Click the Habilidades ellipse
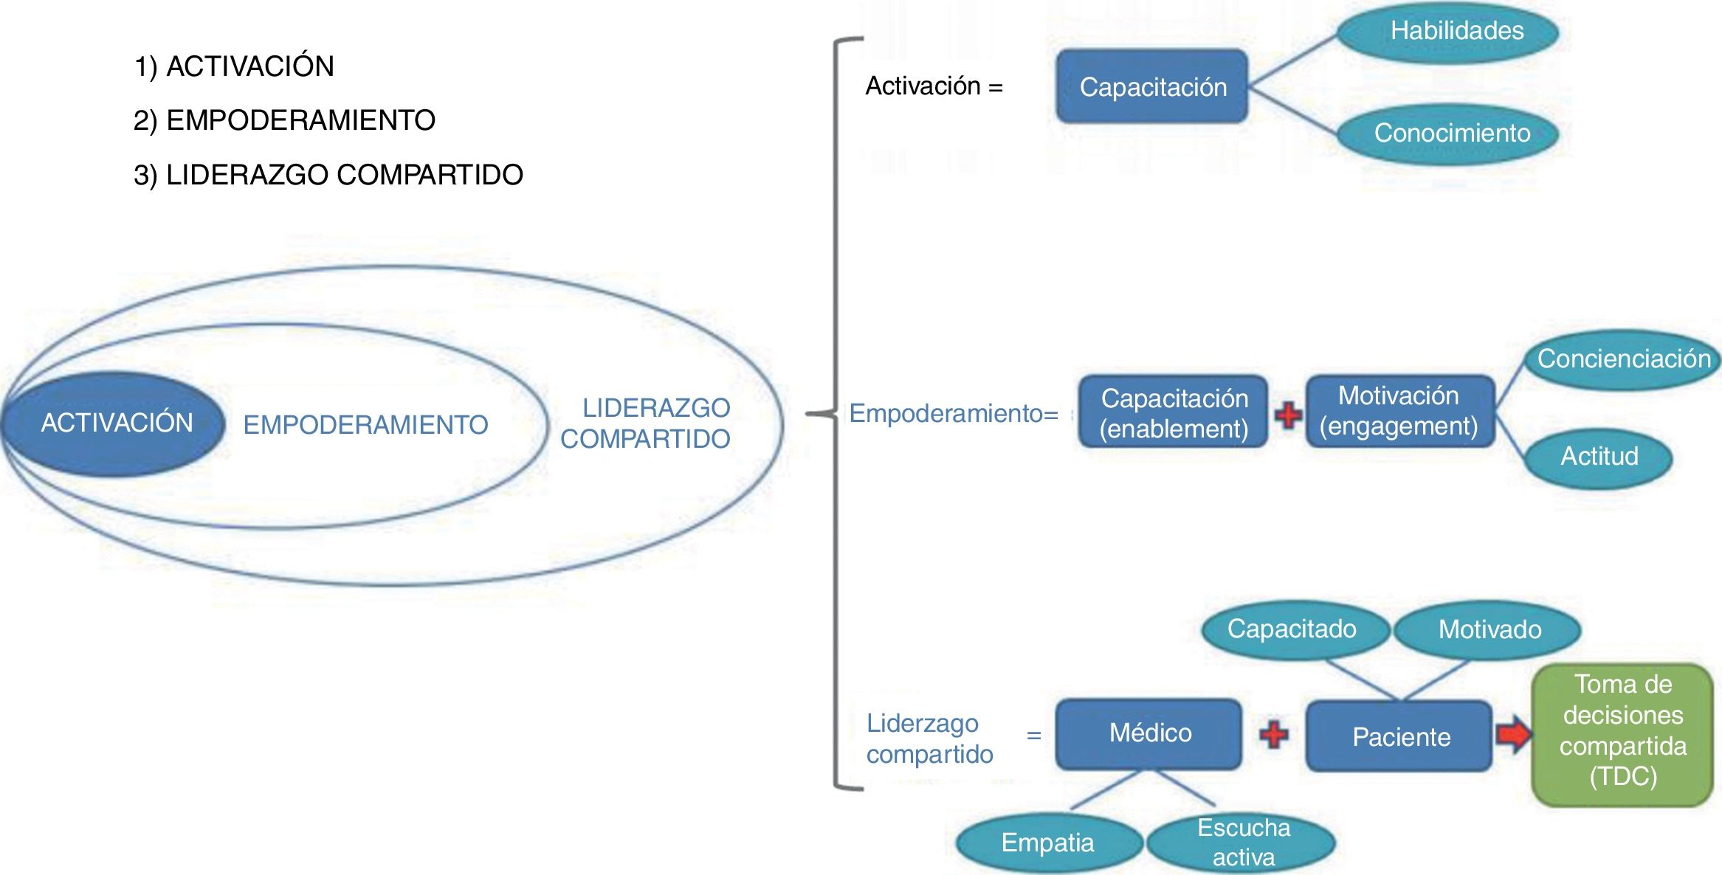1447,32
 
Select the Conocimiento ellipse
1447,134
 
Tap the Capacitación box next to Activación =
1152,87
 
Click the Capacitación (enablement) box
1174,413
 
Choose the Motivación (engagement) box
1399,411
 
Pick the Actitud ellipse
1598,457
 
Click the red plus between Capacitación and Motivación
1288,415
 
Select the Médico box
1149,733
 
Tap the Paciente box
1400,736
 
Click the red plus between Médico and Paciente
1274,735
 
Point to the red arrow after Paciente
1512,735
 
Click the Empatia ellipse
1048,843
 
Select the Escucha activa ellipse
1243,843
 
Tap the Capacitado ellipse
1293,629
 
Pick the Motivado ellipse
1488,630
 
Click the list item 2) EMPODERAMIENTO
284,120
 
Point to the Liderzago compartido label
929,739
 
